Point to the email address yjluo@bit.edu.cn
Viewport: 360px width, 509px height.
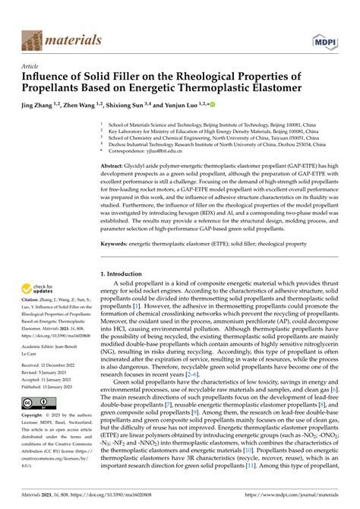(x=165, y=151)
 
